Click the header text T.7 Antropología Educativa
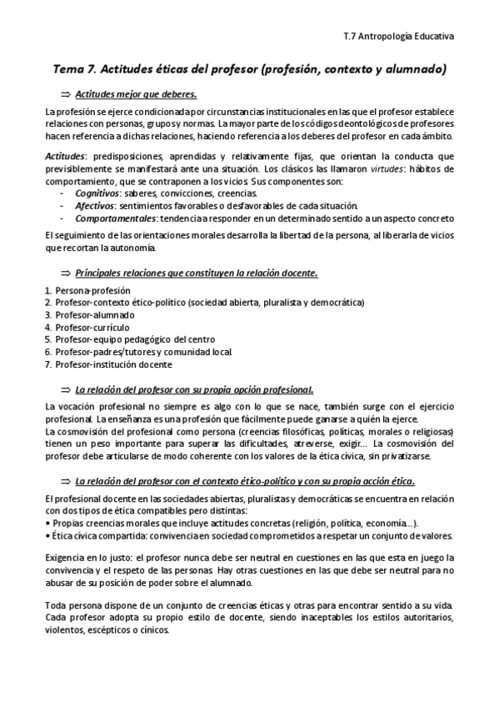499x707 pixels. coord(398,36)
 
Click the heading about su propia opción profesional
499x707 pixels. coord(193,389)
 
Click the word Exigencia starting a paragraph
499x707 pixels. coord(67,557)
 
